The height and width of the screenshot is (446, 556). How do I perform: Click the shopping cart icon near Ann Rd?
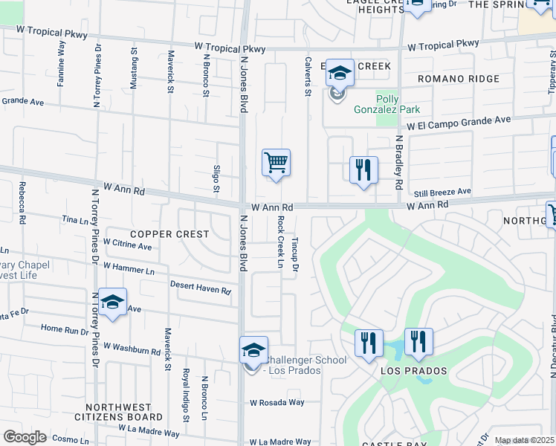276,162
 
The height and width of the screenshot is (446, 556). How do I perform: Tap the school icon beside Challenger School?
253,350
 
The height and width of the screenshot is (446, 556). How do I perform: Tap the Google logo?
25,437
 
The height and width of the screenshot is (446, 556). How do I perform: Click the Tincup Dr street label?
295,253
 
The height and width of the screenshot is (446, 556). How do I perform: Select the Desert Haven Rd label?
200,288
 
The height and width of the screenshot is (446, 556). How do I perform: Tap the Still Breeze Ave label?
443,192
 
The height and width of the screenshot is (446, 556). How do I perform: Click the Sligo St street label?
216,178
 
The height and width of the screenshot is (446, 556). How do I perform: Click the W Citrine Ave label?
127,245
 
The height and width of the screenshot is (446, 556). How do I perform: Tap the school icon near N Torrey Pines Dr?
112,302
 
